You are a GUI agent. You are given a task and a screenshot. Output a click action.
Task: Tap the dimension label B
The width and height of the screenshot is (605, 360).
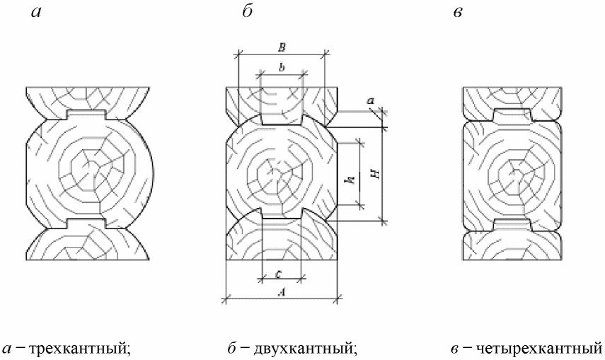pos(282,47)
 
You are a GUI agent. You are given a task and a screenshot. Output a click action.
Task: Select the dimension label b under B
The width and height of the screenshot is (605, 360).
pos(282,67)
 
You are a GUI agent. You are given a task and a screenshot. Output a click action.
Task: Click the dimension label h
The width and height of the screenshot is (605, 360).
pos(349,181)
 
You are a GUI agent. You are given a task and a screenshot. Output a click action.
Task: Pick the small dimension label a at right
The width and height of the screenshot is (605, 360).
pos(370,102)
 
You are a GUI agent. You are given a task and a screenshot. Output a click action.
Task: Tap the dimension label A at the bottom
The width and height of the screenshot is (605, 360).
pos(282,290)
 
